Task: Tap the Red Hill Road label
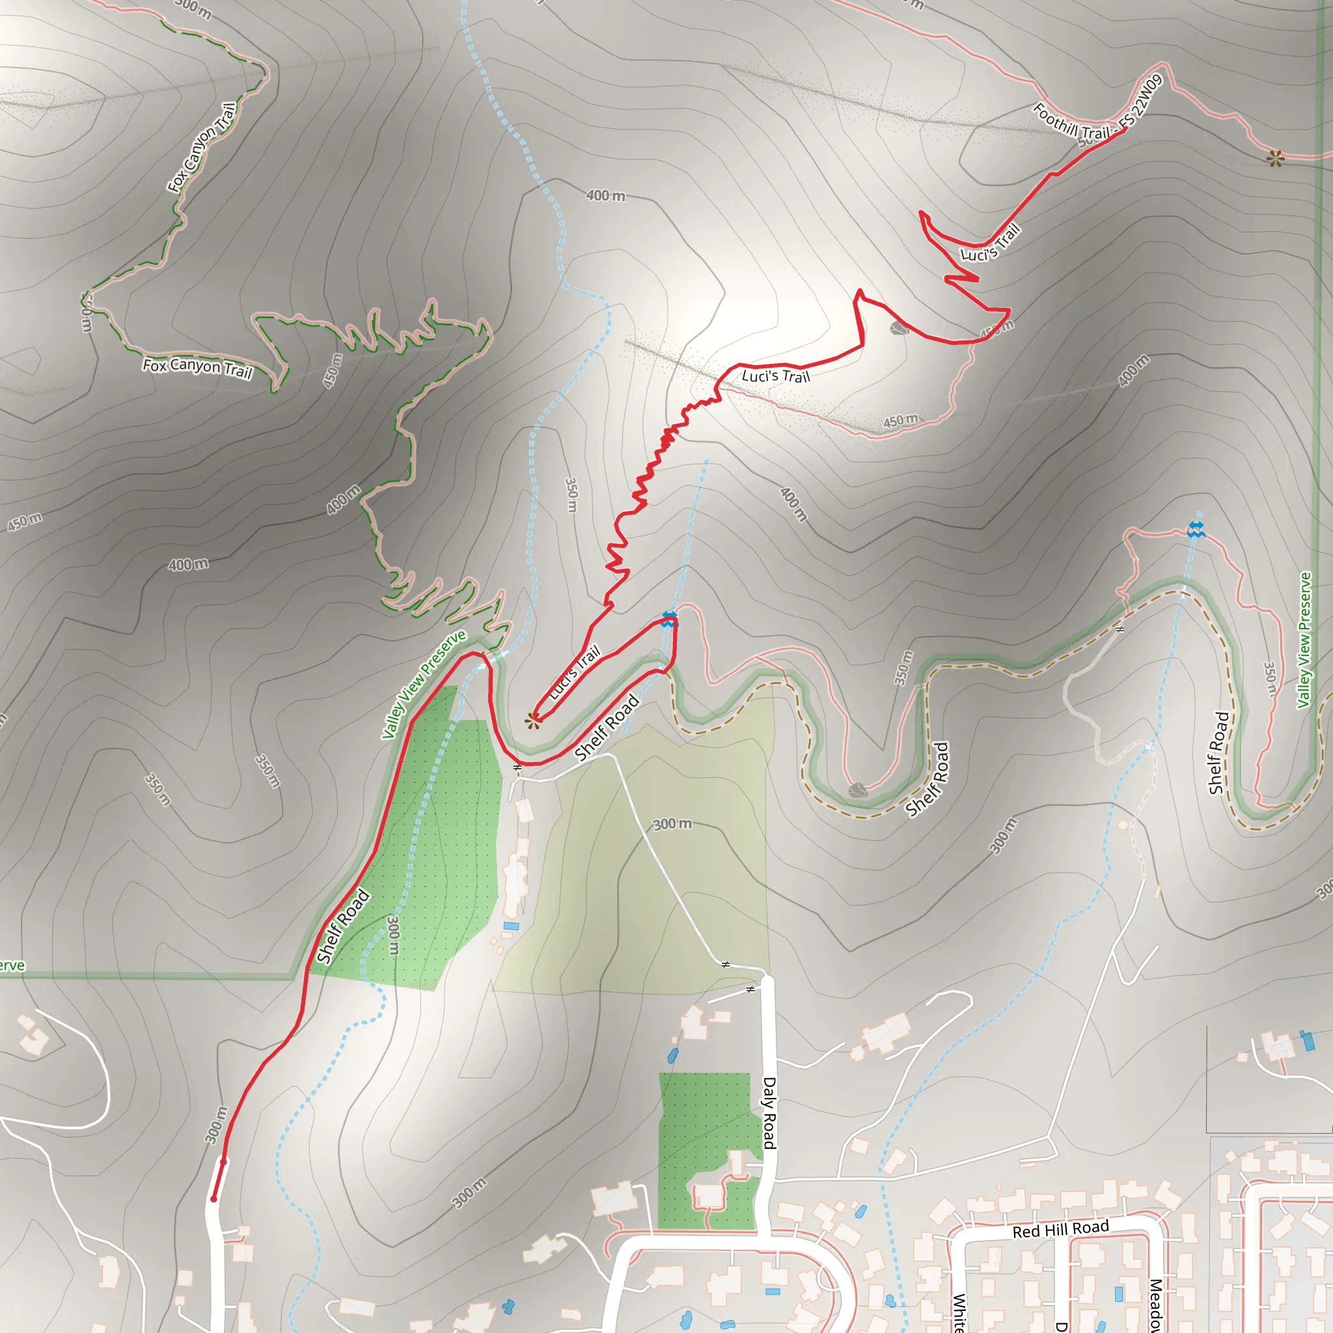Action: (1060, 1229)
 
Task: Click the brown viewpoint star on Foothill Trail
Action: (1275, 159)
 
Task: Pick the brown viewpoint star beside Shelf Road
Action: (532, 721)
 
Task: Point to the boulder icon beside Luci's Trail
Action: (898, 328)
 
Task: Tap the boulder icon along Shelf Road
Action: (857, 790)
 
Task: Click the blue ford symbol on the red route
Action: (668, 618)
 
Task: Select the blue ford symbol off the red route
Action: (1196, 529)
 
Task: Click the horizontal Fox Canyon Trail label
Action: (197, 367)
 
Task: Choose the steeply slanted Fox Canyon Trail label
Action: (202, 147)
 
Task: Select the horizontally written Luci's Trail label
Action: (775, 376)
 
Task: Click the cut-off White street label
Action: (959, 1312)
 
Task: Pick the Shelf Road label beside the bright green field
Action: (343, 926)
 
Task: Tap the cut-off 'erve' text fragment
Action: (12, 965)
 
